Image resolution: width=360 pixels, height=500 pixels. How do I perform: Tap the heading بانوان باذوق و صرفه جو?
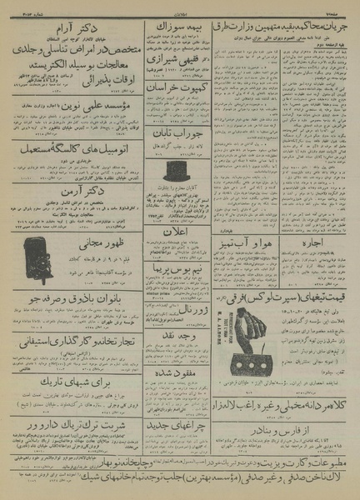click(72, 295)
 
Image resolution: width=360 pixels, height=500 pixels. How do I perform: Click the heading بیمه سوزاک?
click(177, 27)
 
